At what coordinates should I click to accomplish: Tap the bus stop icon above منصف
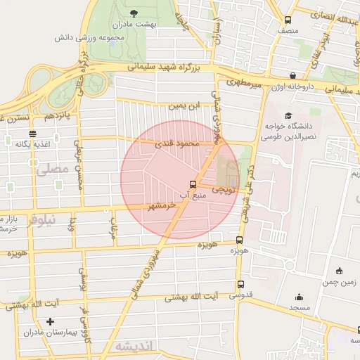(287, 21)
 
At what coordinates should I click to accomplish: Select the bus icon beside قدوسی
(241, 285)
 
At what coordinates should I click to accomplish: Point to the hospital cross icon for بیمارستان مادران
(49, 322)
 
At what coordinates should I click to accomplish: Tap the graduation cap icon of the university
(287, 116)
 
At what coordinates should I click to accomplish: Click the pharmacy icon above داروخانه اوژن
(292, 76)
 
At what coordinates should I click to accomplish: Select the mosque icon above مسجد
(299, 297)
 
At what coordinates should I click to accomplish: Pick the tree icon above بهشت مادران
(134, 13)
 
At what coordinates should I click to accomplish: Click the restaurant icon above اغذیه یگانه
(32, 134)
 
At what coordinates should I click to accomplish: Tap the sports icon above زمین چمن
(339, 271)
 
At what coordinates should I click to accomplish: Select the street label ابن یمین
(181, 106)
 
